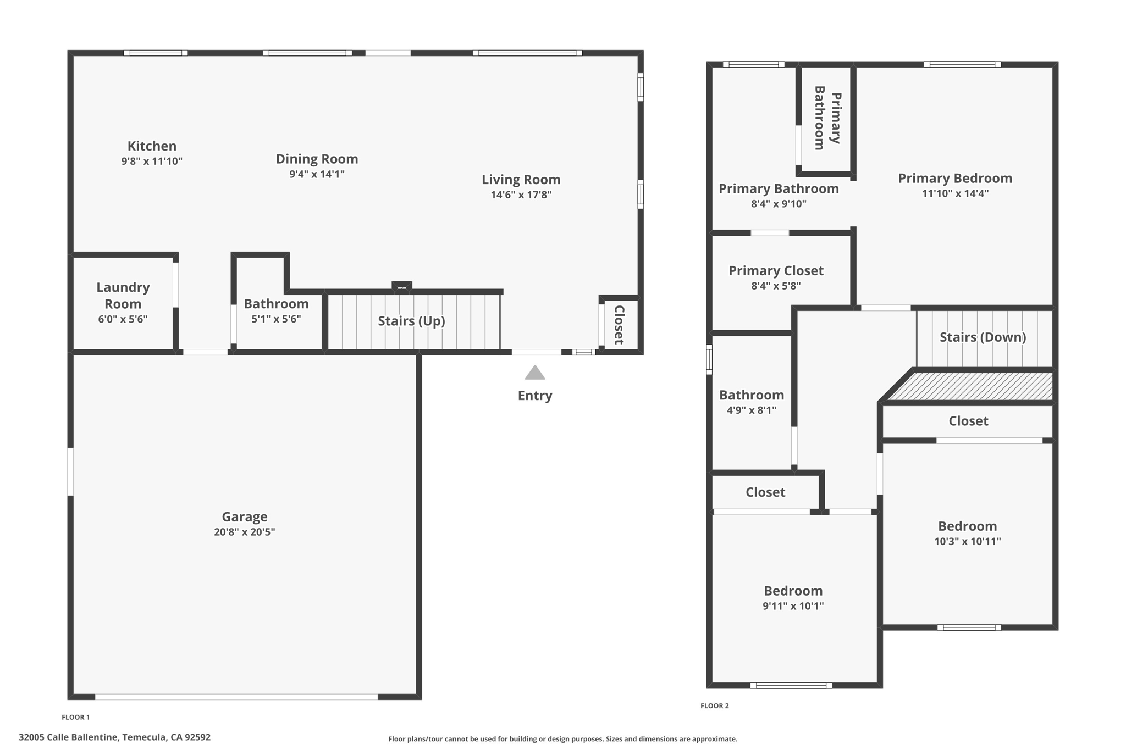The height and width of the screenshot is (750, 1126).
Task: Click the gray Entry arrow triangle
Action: tap(534, 374)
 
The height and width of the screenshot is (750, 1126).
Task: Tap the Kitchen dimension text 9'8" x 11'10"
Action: tap(152, 162)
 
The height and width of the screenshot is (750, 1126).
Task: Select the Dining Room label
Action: tap(317, 159)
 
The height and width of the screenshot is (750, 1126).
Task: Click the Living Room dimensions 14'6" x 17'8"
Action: tap(521, 195)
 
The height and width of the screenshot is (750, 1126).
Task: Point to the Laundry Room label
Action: tap(123, 295)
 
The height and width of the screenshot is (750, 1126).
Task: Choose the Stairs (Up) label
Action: tap(411, 321)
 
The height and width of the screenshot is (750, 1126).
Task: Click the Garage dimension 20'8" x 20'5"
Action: tap(244, 532)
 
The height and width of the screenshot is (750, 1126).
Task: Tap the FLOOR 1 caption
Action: tap(75, 717)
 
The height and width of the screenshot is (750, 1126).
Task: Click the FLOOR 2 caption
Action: tap(714, 705)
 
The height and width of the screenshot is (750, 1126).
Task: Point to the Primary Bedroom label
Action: tap(955, 178)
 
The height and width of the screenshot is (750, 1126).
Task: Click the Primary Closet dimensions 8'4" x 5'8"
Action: tap(776, 286)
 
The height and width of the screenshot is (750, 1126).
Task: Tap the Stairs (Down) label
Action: tap(983, 337)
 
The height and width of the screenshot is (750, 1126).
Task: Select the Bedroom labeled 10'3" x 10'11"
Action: tap(967, 526)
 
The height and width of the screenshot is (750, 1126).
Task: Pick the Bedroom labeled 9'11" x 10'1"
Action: tap(793, 591)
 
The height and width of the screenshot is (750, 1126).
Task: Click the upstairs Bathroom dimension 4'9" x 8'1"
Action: tap(751, 410)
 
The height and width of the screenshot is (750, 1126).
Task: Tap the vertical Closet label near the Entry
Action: tap(619, 325)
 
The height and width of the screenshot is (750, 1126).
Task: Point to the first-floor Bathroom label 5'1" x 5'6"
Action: tap(276, 304)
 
